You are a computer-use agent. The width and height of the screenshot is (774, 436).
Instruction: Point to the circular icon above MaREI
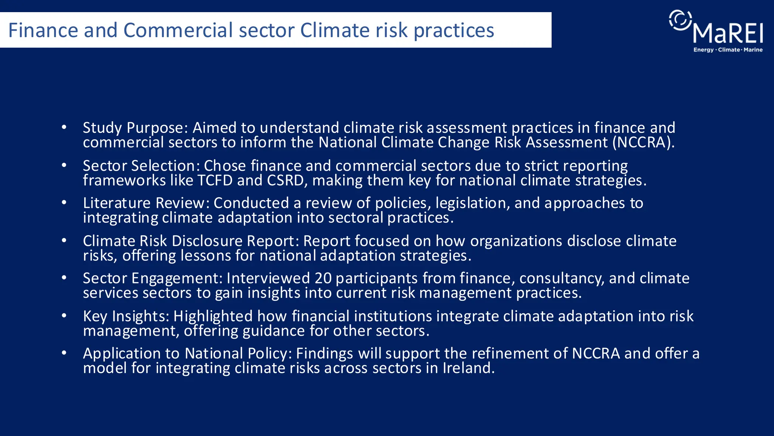pos(681,20)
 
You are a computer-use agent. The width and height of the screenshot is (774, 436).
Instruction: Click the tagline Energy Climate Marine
pos(728,50)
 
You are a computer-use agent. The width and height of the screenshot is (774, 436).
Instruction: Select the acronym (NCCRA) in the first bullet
pos(643,143)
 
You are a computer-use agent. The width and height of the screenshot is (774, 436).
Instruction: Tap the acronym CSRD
pos(285,181)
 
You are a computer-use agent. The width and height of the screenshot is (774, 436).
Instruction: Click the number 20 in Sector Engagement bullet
pos(323,279)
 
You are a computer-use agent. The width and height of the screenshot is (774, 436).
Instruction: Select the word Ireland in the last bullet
pos(468,368)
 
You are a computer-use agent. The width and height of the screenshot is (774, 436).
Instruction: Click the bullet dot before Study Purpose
pos(64,127)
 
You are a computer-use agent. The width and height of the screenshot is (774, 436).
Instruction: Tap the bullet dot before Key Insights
pos(64,316)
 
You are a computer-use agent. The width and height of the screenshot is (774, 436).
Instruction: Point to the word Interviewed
pos(268,279)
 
